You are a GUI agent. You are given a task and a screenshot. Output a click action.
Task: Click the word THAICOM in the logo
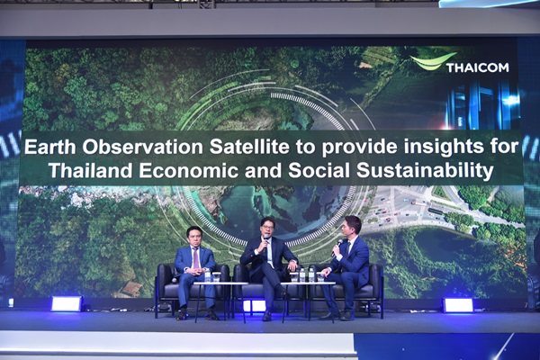click(x=478, y=67)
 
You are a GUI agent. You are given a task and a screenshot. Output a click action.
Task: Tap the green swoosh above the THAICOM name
click(x=434, y=61)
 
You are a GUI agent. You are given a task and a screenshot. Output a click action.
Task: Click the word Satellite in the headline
click(x=249, y=147)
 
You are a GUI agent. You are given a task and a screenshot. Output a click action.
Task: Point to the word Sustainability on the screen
click(x=425, y=171)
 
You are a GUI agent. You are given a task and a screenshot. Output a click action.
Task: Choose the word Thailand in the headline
click(x=91, y=171)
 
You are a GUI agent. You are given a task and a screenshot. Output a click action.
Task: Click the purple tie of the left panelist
click(x=196, y=258)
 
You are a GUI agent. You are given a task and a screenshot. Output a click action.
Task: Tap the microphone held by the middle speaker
click(x=265, y=243)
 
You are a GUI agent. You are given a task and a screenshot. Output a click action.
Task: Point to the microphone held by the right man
click(x=337, y=247)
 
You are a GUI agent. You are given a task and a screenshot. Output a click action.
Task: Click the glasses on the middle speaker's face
click(x=267, y=228)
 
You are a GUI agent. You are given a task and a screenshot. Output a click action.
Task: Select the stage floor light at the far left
click(x=67, y=304)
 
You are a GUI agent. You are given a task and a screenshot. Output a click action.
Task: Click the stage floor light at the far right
click(x=458, y=305)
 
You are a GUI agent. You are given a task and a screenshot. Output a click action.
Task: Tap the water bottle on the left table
click(x=207, y=276)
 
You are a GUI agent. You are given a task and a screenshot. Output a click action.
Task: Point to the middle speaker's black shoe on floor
click(x=267, y=316)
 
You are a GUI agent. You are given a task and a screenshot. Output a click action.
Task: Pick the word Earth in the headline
click(x=49, y=147)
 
